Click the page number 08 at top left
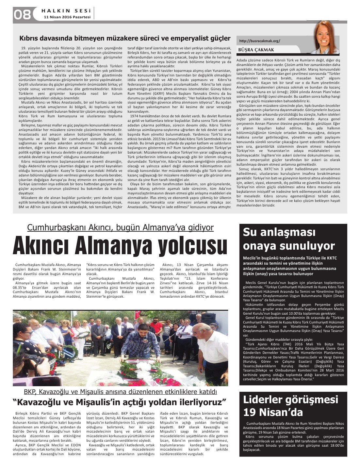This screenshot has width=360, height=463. coord(22,14)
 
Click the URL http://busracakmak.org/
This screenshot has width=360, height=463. coord(260,41)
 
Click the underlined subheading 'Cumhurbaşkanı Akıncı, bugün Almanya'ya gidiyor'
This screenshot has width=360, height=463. coord(120,227)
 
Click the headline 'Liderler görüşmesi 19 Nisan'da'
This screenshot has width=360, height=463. coord(291,405)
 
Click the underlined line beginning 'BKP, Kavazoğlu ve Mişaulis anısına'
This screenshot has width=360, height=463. coord(120,391)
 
